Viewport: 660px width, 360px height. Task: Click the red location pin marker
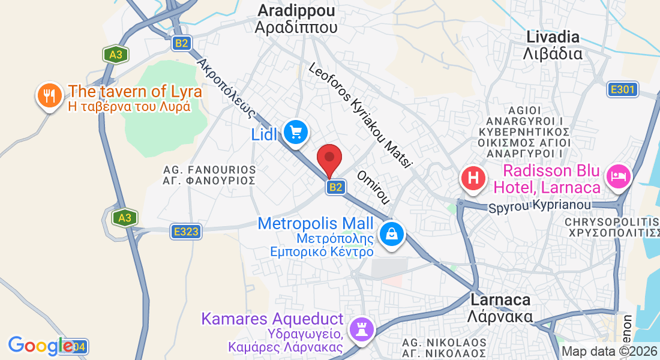[329, 159]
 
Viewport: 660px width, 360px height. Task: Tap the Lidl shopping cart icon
[295, 131]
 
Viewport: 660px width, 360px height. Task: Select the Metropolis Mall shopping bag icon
[391, 233]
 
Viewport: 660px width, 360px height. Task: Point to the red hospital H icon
[473, 178]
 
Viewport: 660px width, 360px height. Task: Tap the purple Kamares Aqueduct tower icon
[361, 329]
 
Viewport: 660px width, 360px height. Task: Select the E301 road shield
[621, 90]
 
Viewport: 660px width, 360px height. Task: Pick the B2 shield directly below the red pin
[335, 188]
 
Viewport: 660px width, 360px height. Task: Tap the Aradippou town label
[296, 19]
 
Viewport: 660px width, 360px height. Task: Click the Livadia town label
[553, 45]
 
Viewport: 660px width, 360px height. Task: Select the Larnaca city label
[502, 307]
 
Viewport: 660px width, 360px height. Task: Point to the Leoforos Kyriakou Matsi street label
[361, 115]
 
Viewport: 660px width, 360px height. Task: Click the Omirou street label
[374, 186]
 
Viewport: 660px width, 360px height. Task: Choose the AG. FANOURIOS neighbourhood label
[209, 175]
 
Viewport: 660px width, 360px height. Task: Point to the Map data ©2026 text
[609, 352]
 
